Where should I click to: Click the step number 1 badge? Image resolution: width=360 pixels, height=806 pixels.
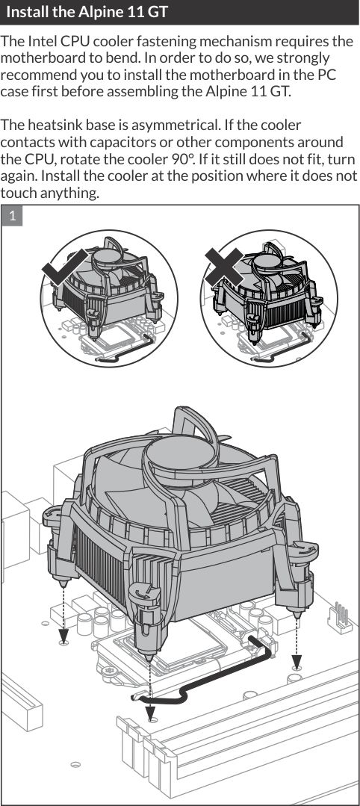tap(12, 216)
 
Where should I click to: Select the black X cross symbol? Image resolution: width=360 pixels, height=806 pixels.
tap(224, 267)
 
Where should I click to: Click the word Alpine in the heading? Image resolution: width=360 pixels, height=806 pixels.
tap(99, 12)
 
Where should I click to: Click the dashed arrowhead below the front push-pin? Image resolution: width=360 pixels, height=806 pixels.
tap(150, 713)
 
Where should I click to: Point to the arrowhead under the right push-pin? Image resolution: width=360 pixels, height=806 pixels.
tap(297, 660)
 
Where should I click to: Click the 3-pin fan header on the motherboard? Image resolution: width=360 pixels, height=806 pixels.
tap(340, 614)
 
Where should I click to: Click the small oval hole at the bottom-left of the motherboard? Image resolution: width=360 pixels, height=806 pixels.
tap(75, 764)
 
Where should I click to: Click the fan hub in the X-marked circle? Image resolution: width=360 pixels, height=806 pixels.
tap(267, 261)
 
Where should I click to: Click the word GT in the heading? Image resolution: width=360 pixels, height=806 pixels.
tap(158, 12)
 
